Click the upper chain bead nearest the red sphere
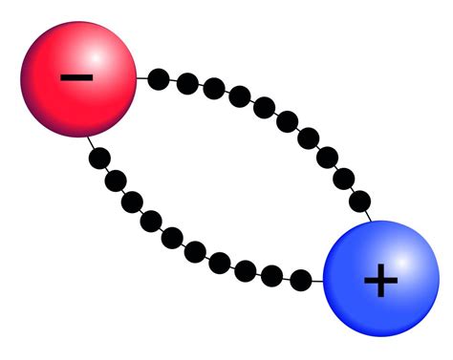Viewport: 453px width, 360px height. pyautogui.click(x=160, y=78)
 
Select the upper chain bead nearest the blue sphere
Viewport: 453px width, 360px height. pyautogui.click(x=346, y=178)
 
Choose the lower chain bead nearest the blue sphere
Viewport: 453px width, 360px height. pyautogui.click(x=300, y=280)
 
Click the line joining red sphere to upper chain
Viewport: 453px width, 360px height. pyautogui.click(x=143, y=76)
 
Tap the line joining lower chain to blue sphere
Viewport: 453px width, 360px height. pyautogui.click(x=317, y=281)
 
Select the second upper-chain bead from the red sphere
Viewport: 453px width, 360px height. pyautogui.click(x=187, y=83)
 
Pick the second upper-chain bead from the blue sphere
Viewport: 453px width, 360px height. pyautogui.click(x=329, y=157)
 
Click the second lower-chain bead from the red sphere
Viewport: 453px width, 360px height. pyautogui.click(x=115, y=180)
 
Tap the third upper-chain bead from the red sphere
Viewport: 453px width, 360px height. pyautogui.click(x=214, y=89)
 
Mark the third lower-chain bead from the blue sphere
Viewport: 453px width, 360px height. pyautogui.click(x=247, y=270)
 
